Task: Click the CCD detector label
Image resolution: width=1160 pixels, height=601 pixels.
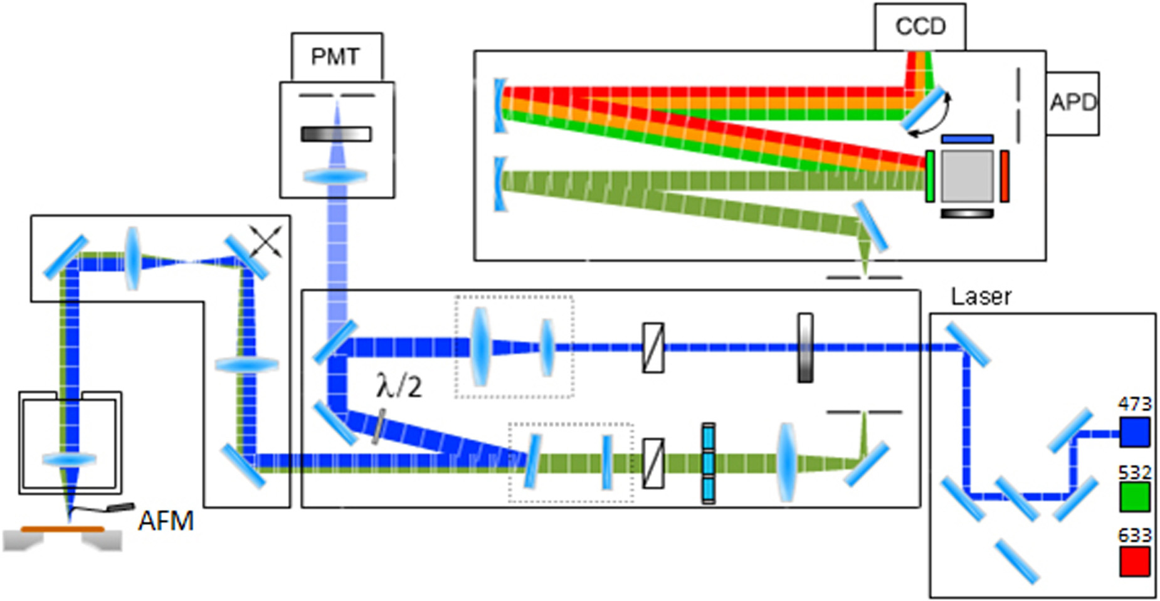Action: tap(920, 26)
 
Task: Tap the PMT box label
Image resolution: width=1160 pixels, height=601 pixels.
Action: tap(335, 57)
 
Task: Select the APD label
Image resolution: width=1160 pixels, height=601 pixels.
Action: tap(1073, 102)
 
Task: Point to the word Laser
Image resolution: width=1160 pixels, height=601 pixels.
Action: tap(981, 297)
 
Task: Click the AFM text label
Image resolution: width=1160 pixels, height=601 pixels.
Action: tap(166, 521)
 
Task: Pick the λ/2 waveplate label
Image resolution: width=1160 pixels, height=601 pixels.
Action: tap(399, 385)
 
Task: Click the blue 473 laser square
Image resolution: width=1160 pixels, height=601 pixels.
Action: tap(1134, 432)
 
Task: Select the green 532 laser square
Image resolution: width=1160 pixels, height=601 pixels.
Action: tap(1134, 496)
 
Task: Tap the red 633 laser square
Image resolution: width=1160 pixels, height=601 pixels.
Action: tap(1134, 561)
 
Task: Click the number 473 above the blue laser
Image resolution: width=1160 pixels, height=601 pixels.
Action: tap(1134, 403)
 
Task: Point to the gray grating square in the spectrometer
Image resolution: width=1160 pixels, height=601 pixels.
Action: tap(968, 175)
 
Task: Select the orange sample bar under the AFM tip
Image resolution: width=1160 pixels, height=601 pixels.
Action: tap(63, 529)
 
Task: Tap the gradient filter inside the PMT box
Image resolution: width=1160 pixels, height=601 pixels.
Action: tap(336, 134)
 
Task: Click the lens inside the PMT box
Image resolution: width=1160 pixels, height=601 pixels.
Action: tap(336, 176)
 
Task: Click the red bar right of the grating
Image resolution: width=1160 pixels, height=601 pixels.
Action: tap(1004, 176)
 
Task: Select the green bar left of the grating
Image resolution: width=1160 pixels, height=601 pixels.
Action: tap(930, 176)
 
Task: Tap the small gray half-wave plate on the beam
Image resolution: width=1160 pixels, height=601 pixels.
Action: tap(378, 427)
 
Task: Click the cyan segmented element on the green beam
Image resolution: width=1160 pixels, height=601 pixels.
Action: tap(709, 463)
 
